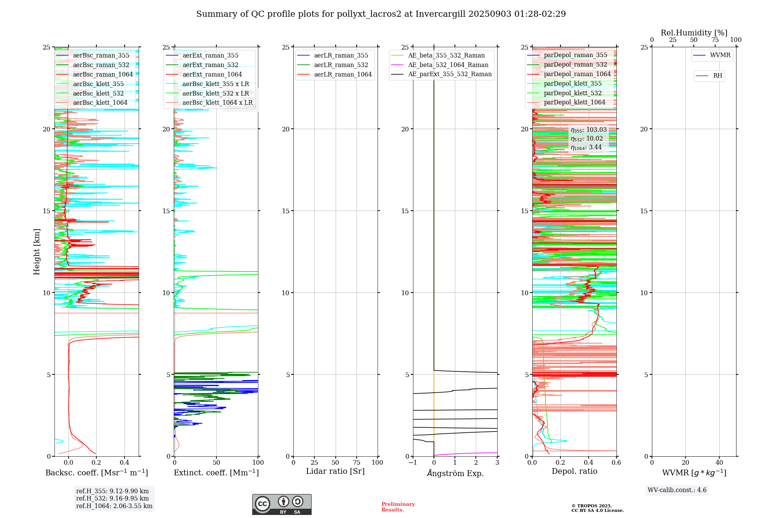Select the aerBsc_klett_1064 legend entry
pos(100,102)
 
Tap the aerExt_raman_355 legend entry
pos(210,55)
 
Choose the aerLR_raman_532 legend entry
pos(341,65)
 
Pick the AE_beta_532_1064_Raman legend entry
pos(448,65)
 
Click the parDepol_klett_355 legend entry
pos(573,83)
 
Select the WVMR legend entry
pos(720,55)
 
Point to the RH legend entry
pos(717,76)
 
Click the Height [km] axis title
pos(37,251)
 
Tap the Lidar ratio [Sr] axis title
pos(335,471)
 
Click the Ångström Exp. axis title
pos(455,473)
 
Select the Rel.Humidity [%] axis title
pos(694,33)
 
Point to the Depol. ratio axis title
pos(575,471)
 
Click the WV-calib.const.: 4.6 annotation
pos(677,490)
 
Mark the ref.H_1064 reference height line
pos(114,506)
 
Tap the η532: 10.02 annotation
pos(587,139)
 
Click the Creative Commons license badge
pos(282,504)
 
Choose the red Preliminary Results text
pos(398,507)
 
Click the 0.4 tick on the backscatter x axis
pos(125,462)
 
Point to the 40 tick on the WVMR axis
pos(719,462)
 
